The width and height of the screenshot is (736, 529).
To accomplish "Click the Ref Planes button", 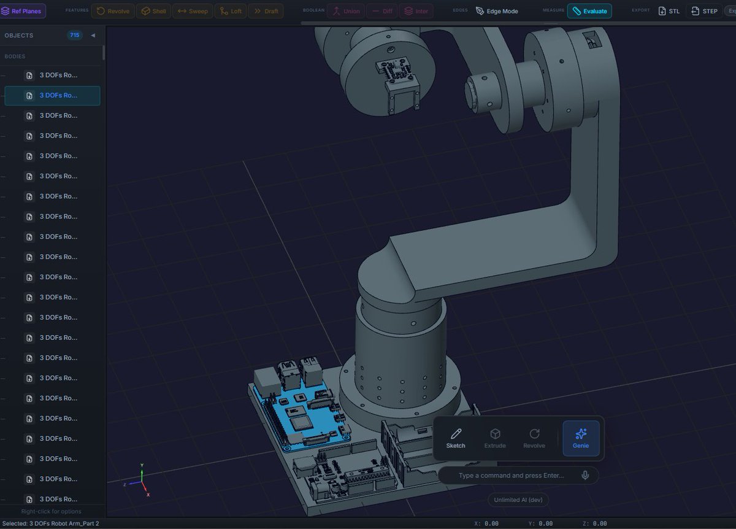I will [x=23, y=11].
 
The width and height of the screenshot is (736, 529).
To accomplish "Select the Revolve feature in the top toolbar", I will [x=113, y=11].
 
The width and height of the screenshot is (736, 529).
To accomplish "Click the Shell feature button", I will [x=153, y=11].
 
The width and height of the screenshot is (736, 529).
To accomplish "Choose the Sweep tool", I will [x=193, y=11].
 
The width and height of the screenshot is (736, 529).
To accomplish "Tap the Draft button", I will [x=266, y=11].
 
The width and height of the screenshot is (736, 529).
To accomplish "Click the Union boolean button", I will [x=346, y=11].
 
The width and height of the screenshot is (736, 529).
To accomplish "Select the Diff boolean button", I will [x=381, y=11].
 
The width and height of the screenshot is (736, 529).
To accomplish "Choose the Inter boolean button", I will [x=416, y=11].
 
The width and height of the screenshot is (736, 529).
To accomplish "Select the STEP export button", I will [x=704, y=11].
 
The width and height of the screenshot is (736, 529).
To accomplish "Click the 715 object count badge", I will [x=75, y=36].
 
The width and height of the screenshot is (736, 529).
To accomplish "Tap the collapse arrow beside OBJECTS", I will [x=93, y=36].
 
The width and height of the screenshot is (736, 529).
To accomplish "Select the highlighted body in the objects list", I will [x=52, y=96].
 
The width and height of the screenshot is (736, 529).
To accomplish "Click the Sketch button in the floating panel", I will [x=455, y=438].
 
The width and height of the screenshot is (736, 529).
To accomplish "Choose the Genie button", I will [x=580, y=438].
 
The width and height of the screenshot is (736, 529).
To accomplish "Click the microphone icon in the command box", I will [x=586, y=475].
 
